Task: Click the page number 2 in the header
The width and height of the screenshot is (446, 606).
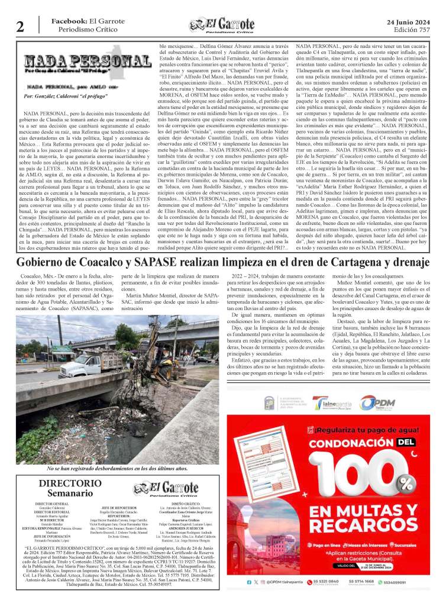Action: pos(20,26)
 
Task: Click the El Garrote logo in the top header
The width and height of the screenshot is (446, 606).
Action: pos(222,25)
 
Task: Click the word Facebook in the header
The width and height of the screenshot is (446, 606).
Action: pos(69,21)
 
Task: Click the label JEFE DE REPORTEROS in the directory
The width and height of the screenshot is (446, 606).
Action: pos(115,507)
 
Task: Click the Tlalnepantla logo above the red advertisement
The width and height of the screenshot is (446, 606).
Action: pos(333,402)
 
